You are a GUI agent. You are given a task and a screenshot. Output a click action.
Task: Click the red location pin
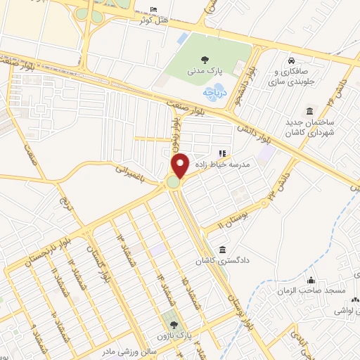(181, 165)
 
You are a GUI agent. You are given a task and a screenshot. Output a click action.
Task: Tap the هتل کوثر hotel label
(155, 21)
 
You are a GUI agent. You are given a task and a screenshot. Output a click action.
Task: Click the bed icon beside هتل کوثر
(155, 10)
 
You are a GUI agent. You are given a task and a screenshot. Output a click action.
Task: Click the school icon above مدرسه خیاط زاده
(223, 153)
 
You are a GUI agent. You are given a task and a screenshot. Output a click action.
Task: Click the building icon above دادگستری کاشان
(223, 250)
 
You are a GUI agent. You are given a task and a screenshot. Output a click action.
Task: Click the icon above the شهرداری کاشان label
(309, 111)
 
